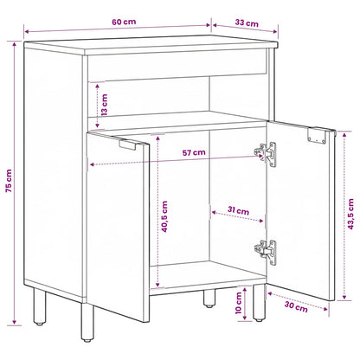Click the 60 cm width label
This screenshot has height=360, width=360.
(x=124, y=22)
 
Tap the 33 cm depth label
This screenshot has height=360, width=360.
(x=247, y=22)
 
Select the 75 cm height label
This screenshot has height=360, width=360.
(x=9, y=181)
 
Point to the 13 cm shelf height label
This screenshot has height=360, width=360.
(x=105, y=105)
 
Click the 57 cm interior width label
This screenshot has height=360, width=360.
(x=194, y=152)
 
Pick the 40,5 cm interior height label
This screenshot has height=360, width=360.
(x=164, y=216)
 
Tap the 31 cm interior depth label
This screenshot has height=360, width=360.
(x=238, y=210)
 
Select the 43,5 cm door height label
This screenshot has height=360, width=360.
(x=350, y=214)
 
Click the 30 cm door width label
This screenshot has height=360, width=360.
(x=296, y=306)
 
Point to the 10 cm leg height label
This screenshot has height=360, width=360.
(x=238, y=303)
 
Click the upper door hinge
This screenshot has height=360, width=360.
(x=265, y=154)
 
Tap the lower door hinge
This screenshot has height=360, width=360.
(x=265, y=252)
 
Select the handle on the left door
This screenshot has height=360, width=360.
(x=127, y=145)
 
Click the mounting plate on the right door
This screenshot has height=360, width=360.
(x=317, y=135)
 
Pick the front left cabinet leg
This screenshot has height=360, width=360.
(x=87, y=322)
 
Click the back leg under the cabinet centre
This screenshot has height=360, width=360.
(x=209, y=299)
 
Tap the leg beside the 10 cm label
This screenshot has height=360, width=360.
(x=259, y=303)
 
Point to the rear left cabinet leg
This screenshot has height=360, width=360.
(x=39, y=306)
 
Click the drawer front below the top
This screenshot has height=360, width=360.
(x=177, y=65)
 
